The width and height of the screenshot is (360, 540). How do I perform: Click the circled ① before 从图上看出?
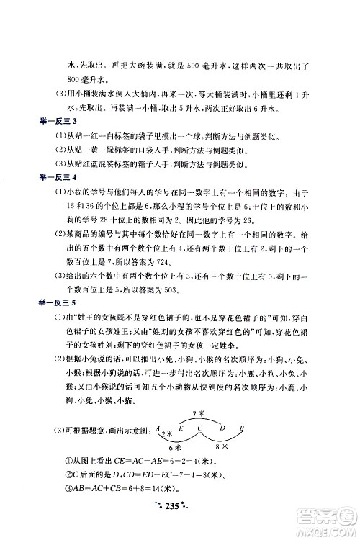click(x=66, y=462)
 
